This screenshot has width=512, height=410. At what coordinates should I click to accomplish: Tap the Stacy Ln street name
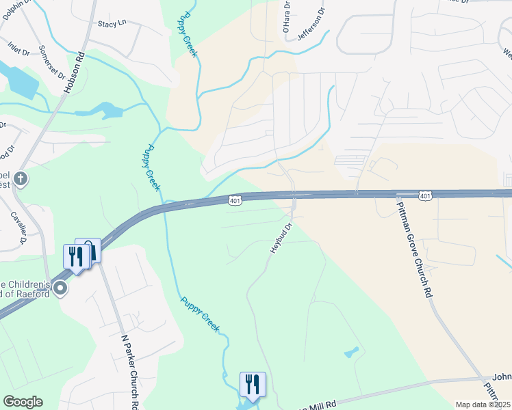click(113, 23)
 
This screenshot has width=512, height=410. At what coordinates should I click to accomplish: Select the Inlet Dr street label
click(19, 50)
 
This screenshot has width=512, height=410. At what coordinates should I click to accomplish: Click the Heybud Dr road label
click(281, 238)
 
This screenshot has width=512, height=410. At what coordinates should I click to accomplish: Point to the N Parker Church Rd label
click(130, 370)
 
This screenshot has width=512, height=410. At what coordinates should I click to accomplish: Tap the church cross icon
click(21, 179)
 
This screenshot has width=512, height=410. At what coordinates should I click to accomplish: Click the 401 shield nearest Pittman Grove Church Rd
click(425, 197)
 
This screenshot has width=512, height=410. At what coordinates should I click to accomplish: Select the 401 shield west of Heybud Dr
click(235, 200)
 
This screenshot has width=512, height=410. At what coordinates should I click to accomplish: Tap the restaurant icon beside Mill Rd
click(253, 384)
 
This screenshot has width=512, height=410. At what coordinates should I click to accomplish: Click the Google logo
click(23, 402)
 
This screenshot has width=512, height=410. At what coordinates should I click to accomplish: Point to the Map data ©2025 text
click(483, 405)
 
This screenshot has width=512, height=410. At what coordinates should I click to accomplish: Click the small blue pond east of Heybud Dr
click(351, 353)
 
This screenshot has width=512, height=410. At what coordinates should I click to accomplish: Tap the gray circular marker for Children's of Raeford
click(61, 288)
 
